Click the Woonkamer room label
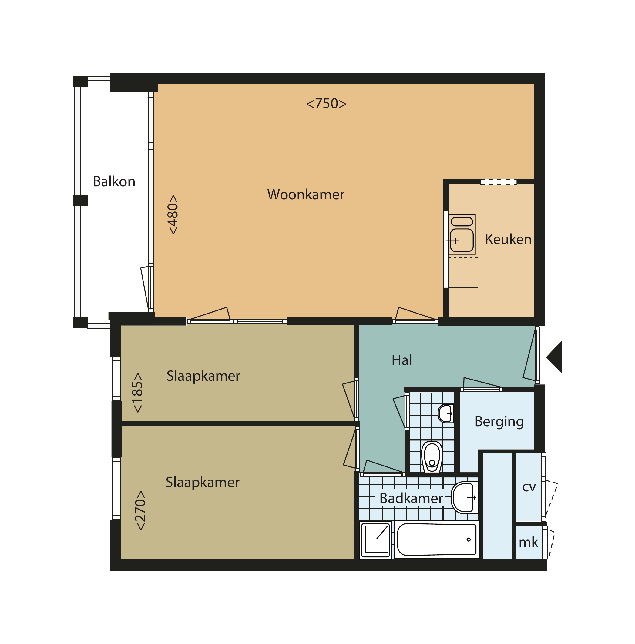(305, 194)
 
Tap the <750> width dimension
(326, 104)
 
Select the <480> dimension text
(173, 215)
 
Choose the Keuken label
(508, 240)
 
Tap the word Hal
(401, 360)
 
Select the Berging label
(499, 422)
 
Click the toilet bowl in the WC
(432, 457)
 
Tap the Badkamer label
(411, 499)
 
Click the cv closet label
(529, 487)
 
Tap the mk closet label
(528, 543)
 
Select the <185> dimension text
(138, 393)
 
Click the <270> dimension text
(140, 511)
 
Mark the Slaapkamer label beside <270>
(203, 483)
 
